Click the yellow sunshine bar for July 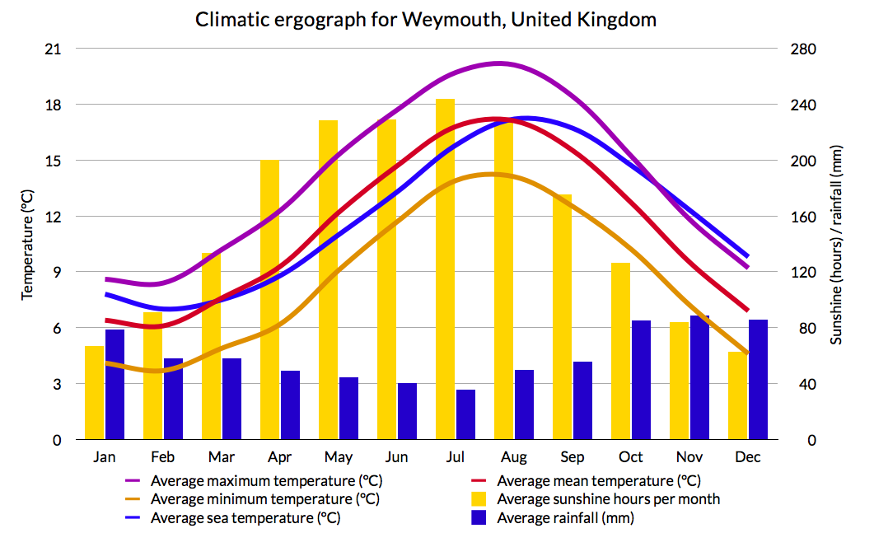[445, 272]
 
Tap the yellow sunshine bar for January [95, 393]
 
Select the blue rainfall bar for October [641, 380]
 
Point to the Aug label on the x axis [514, 457]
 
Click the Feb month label [163, 457]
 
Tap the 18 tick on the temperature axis [52, 105]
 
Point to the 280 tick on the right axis [804, 49]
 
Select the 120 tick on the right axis [804, 273]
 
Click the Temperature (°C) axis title [27, 244]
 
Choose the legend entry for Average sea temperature [245, 518]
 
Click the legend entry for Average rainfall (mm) [565, 518]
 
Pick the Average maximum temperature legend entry [266, 480]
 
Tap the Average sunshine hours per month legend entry [608, 499]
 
